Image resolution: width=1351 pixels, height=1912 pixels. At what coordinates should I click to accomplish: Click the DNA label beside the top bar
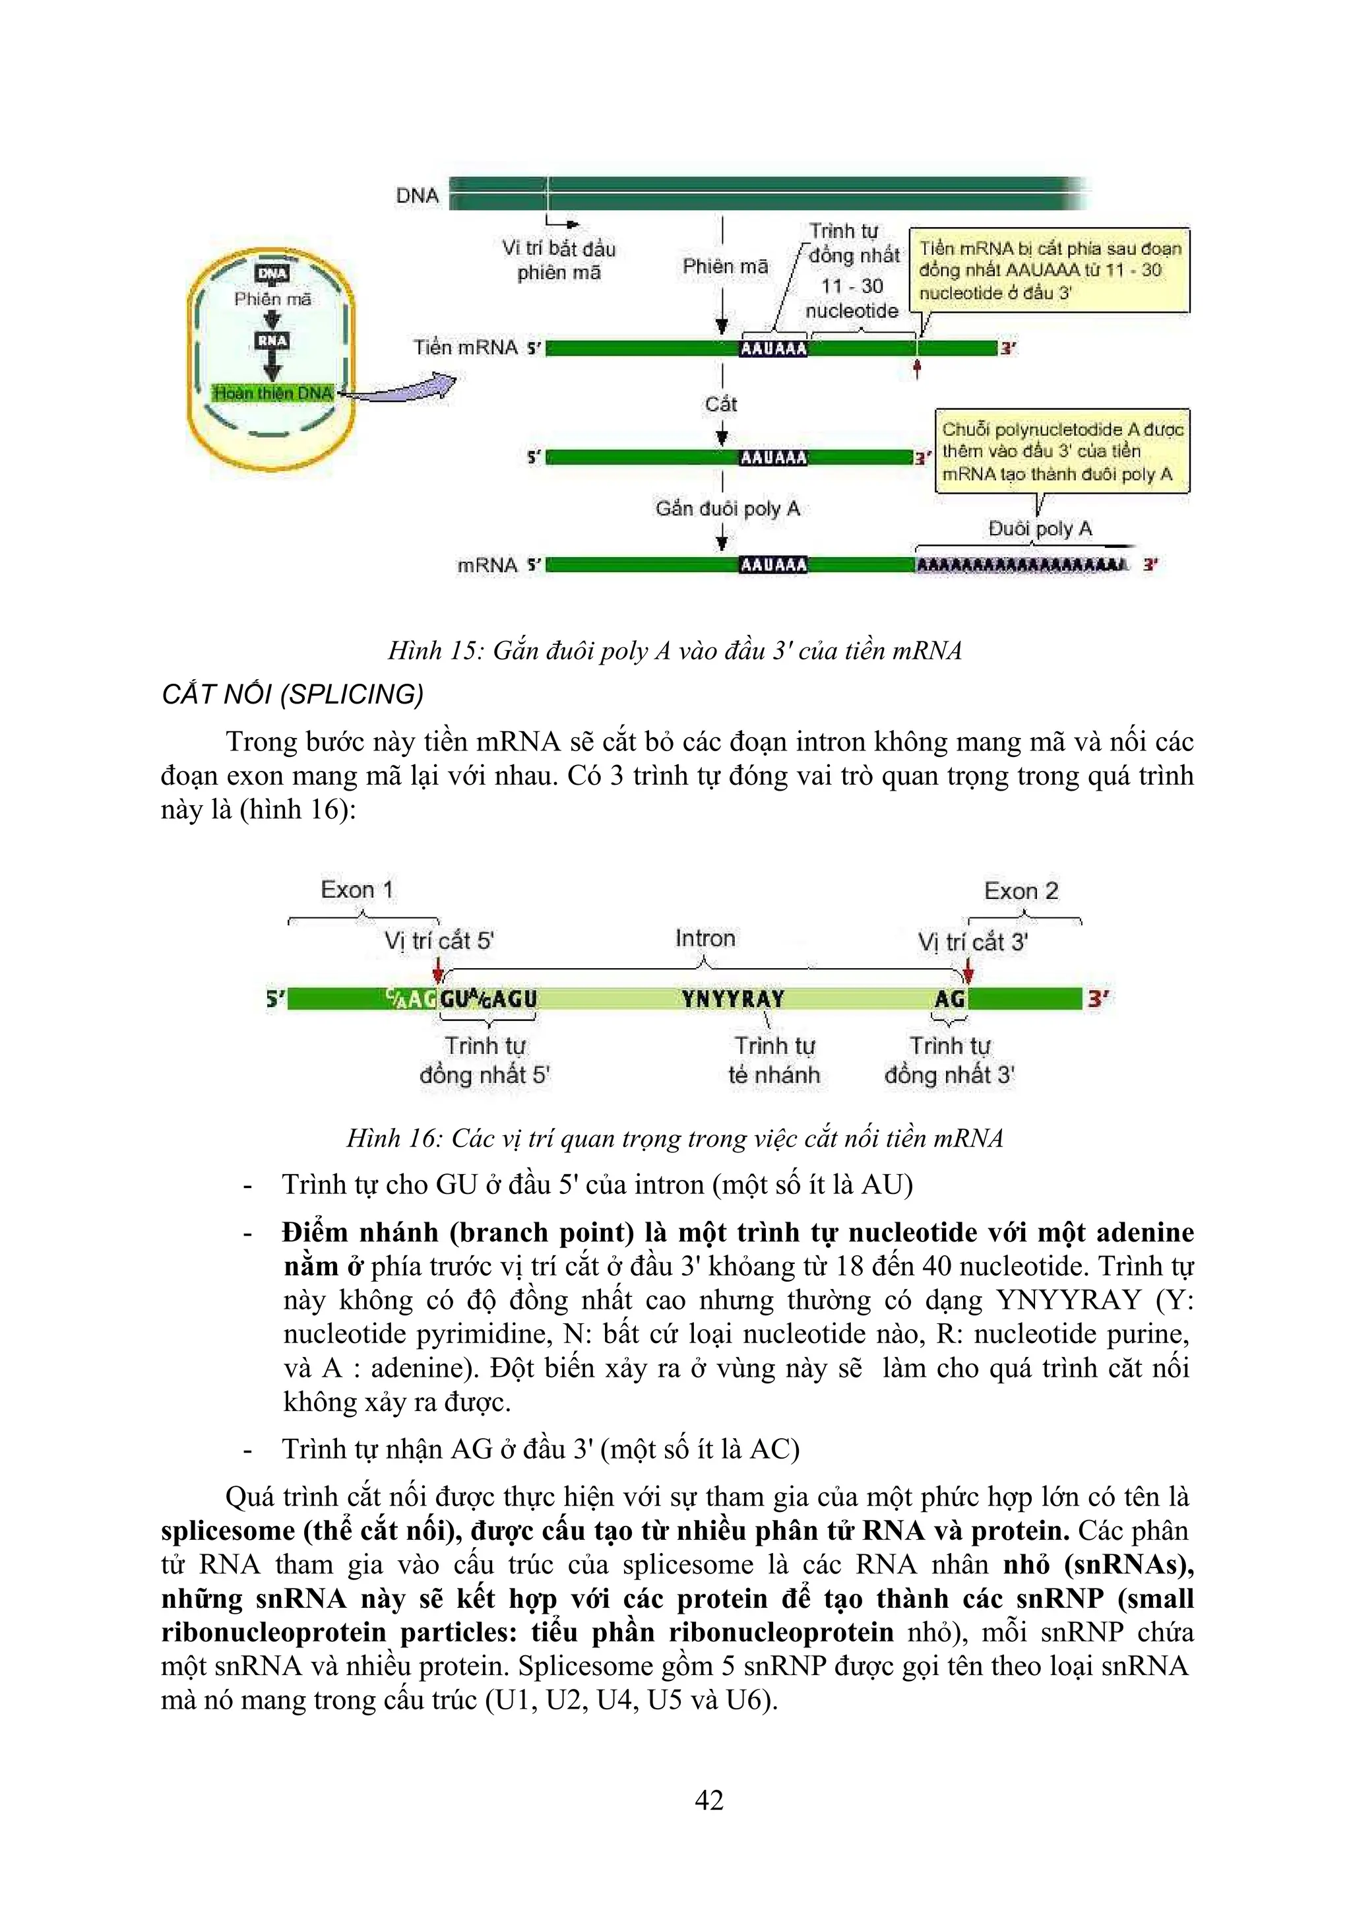417,196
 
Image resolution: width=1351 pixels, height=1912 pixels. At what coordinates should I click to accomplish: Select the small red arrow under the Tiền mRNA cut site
916,369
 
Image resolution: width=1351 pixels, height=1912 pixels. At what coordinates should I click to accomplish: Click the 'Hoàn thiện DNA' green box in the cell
273,393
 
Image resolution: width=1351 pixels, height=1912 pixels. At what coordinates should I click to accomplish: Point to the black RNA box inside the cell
272,341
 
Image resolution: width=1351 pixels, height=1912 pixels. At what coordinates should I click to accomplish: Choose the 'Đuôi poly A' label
1040,529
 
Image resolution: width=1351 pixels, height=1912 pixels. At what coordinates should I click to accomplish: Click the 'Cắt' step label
721,405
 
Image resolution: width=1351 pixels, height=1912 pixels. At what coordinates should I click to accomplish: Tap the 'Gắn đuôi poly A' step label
727,509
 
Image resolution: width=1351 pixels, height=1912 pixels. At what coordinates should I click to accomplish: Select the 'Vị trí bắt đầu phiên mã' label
559,260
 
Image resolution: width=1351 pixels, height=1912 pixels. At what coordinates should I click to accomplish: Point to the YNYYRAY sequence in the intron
732,999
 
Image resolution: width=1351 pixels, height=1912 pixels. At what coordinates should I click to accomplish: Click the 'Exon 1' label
356,890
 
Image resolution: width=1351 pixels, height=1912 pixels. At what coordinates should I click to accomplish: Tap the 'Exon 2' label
1021,891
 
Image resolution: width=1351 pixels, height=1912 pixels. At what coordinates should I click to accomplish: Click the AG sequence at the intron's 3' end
950,999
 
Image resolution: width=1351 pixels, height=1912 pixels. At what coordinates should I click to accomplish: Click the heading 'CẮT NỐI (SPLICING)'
292,694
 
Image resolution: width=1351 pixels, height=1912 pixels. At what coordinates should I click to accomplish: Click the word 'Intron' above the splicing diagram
705,939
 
